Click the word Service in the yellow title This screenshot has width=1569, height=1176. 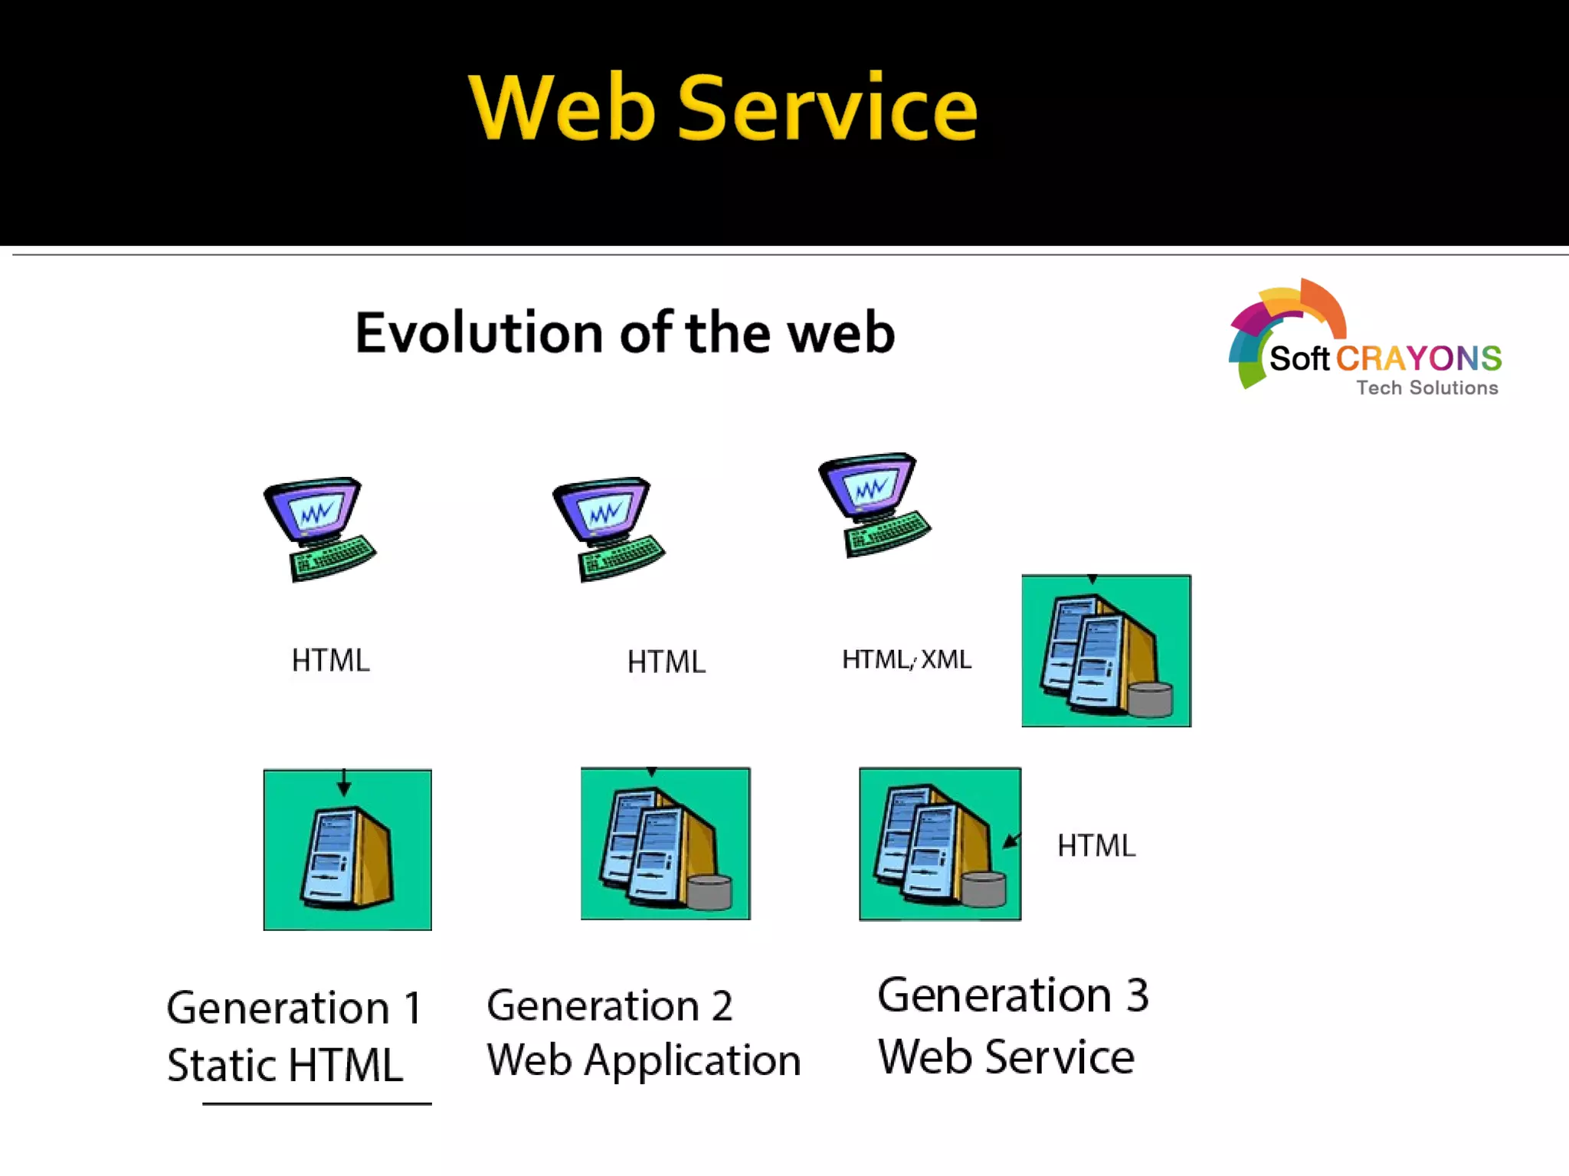coord(827,109)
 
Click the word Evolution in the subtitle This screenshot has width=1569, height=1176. coord(479,334)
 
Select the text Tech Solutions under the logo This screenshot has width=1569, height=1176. coord(1427,388)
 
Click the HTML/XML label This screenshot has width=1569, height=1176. coord(906,659)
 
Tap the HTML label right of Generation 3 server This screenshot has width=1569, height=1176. coord(1096,846)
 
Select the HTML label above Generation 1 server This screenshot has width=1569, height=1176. coord(330,660)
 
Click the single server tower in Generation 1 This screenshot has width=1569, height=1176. coord(347,859)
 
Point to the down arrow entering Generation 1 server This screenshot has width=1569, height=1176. coord(344,785)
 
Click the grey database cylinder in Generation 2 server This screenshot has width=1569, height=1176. coord(709,892)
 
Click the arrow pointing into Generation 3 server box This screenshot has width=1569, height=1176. coord(1012,841)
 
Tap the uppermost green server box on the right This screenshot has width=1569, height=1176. coord(1106,651)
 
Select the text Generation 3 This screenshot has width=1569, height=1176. coord(1012,995)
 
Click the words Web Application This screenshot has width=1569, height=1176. coord(644,1061)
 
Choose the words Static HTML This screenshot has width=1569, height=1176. coord(285,1065)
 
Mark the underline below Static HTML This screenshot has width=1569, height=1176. coord(316,1103)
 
